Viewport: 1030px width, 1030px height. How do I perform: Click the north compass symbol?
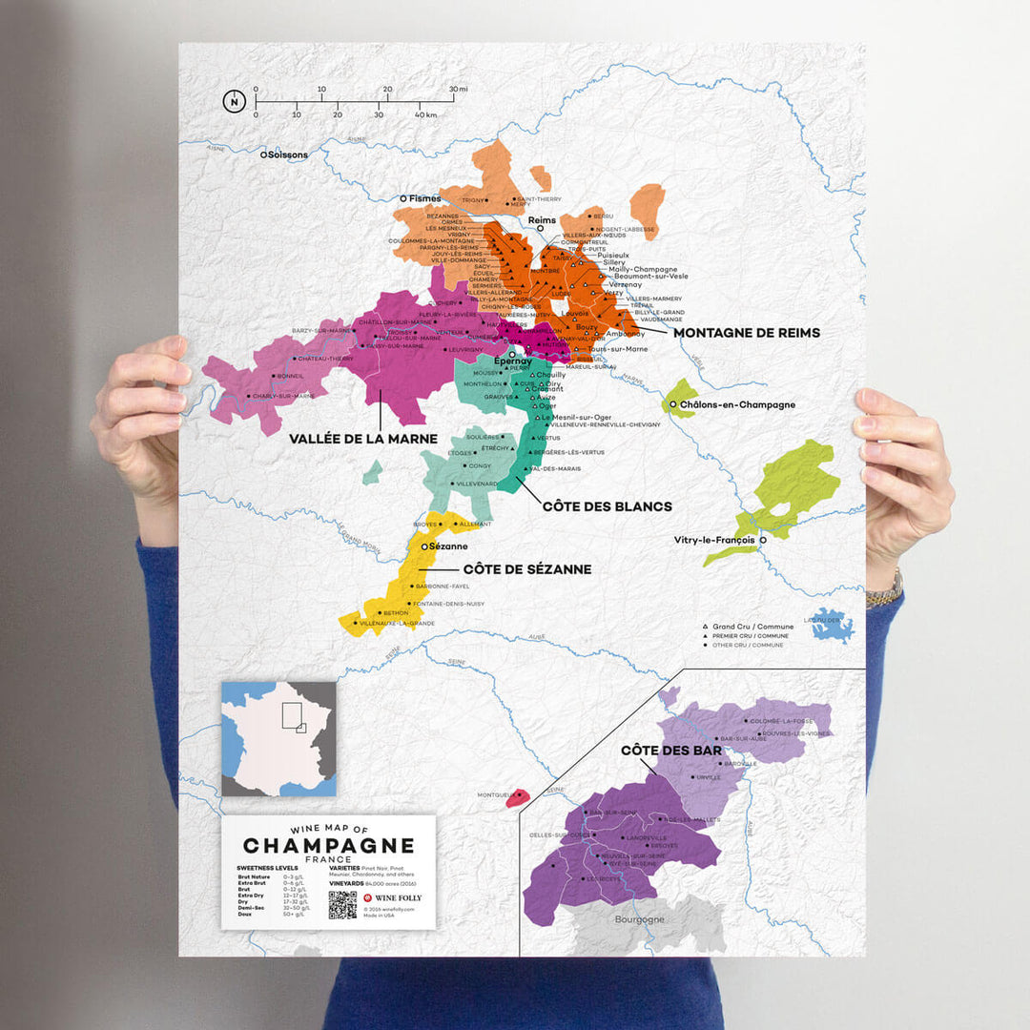point(233,100)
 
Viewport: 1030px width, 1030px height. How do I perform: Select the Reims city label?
point(541,220)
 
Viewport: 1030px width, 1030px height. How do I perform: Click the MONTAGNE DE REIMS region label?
point(746,333)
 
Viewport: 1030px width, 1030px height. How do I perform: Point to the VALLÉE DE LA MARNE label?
point(363,439)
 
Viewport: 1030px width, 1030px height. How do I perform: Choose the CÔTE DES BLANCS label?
point(607,506)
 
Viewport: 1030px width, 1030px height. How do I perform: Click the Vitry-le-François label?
point(714,540)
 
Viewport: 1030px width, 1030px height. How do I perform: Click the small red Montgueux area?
point(518,796)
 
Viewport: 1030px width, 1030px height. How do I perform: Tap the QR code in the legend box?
point(342,904)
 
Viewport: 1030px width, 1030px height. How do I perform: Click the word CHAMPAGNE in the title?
point(328,845)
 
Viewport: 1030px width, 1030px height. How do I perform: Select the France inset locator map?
point(278,738)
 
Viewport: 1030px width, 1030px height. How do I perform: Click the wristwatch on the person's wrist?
point(884,591)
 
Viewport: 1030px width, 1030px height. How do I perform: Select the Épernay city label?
point(512,361)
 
